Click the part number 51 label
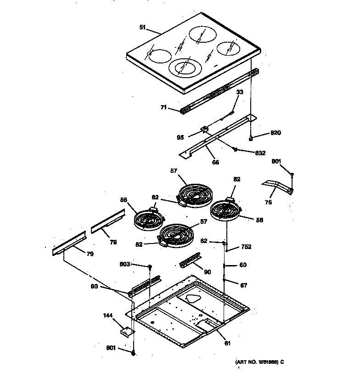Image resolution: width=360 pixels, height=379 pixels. click(142, 28)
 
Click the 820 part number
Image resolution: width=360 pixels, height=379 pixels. click(276, 133)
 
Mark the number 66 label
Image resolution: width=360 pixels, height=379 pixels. click(215, 162)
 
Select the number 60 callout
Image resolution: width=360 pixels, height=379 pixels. click(243, 265)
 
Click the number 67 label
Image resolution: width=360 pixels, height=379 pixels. click(243, 285)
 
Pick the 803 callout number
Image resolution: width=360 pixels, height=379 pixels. click(125, 264)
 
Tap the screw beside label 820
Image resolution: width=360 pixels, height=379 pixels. click(251, 137)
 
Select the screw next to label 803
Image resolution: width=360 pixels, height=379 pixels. click(150, 266)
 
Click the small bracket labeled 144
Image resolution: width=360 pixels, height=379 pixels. click(125, 330)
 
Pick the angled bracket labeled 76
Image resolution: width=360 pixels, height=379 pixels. click(278, 186)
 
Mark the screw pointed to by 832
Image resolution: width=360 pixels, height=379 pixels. click(235, 149)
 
